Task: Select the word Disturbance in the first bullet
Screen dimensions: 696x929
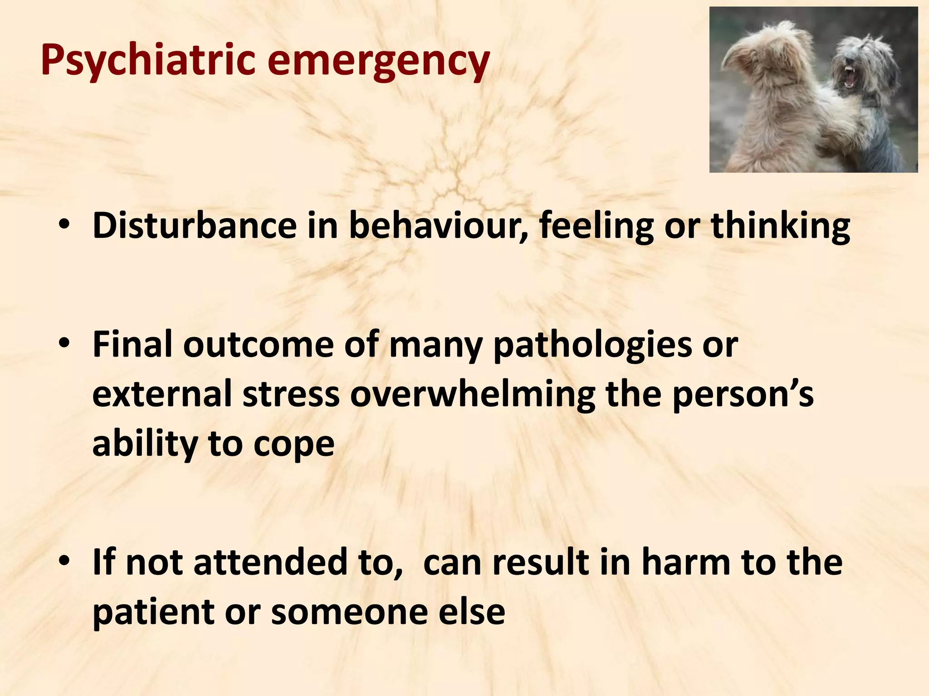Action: (x=194, y=226)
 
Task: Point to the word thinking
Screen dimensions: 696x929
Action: (x=780, y=226)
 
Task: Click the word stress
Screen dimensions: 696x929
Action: (x=291, y=394)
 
